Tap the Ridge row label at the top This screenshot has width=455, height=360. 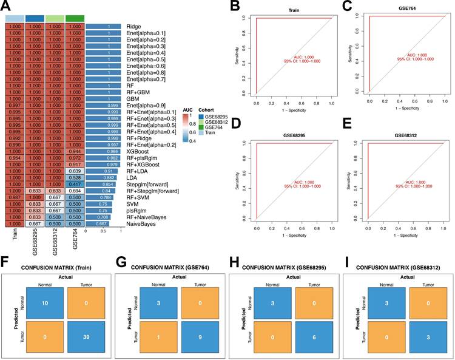[x=133, y=27]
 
